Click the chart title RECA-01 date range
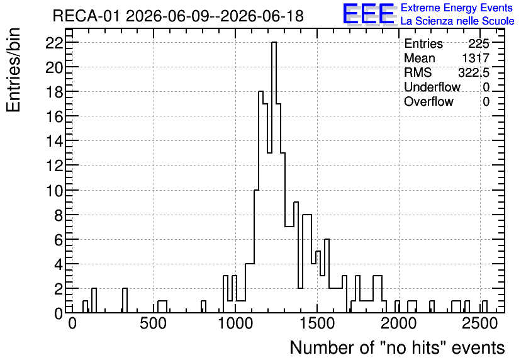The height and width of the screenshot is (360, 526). pos(178,16)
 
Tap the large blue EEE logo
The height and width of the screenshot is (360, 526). pos(369,14)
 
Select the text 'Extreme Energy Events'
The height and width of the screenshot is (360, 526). pos(457,8)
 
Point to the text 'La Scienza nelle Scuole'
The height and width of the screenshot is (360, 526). pos(457,21)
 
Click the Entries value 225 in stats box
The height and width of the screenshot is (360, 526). pos(479,43)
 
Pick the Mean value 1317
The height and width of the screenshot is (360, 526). pos(476,58)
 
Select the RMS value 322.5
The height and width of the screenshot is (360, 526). pos(474,72)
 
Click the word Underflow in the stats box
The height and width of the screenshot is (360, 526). pos(432,87)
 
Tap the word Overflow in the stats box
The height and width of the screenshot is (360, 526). pos(428,101)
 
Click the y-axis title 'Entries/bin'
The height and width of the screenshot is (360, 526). pos(13,70)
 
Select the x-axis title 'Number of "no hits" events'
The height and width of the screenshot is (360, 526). pos(397,347)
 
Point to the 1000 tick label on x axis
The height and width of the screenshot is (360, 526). pos(235,323)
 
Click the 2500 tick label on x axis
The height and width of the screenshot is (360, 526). pos(480,323)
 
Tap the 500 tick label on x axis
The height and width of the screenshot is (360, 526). pos(154,323)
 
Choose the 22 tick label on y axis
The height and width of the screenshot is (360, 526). pos(54,43)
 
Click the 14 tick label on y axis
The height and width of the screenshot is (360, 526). pos(54,141)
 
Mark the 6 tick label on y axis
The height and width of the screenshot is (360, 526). pos(59,240)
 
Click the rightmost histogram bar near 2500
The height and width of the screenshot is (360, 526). pos(484,307)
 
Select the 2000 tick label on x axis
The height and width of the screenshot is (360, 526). pos(399,323)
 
